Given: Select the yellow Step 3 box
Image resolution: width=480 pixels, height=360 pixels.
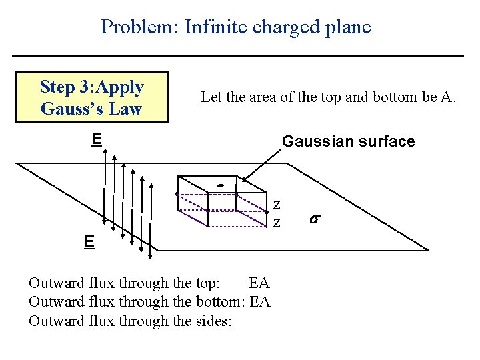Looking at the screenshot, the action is pos(92,97).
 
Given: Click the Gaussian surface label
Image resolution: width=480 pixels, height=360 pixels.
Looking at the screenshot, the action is pos(348,141).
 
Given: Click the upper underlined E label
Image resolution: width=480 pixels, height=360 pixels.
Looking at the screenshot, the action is pos(97,139).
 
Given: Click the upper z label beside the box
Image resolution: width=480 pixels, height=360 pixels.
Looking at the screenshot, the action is pos(277,205).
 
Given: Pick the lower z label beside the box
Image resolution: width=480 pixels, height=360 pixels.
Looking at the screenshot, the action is pos(277,221).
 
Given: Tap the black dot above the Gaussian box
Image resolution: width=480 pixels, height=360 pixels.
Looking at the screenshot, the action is pos(219,185).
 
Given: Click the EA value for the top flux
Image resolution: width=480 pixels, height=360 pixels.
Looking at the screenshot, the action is pos(258,283).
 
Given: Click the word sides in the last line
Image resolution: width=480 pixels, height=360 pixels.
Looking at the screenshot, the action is pos(213,321).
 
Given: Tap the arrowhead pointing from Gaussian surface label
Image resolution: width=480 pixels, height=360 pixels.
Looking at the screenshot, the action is pos(244,179).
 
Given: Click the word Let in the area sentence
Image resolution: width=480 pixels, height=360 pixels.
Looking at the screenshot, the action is pos(211,97).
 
